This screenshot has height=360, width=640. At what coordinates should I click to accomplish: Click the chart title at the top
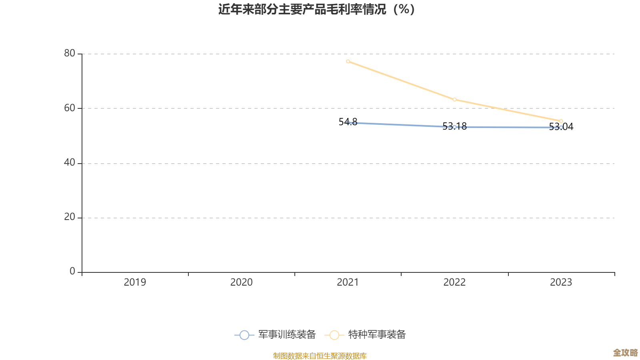pyautogui.click(x=316, y=9)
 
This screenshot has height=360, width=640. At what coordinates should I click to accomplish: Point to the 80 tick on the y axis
pyautogui.click(x=70, y=53)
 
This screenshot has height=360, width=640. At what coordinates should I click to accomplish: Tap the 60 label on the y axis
pyautogui.click(x=70, y=108)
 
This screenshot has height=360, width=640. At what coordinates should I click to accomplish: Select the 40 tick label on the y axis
pyautogui.click(x=70, y=162)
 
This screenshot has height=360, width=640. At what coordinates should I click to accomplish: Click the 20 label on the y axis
pyautogui.click(x=70, y=217)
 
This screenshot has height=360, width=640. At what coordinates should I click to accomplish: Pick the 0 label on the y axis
pyautogui.click(x=72, y=271)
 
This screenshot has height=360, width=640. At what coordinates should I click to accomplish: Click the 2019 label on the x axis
pyautogui.click(x=135, y=282)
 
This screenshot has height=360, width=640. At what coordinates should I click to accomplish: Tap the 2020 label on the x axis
pyautogui.click(x=241, y=282)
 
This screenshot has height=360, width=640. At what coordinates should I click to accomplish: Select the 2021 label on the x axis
pyautogui.click(x=348, y=282)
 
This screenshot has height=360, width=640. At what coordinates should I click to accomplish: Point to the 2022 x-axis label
pyautogui.click(x=454, y=282)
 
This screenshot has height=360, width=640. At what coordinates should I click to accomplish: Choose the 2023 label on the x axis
pyautogui.click(x=561, y=282)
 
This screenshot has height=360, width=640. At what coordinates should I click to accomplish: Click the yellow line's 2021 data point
pyautogui.click(x=348, y=61)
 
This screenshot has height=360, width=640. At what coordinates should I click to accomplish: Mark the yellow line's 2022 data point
pyautogui.click(x=454, y=99)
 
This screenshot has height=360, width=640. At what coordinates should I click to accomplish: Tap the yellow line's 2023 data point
pyautogui.click(x=561, y=121)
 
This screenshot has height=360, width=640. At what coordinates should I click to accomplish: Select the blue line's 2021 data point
pyautogui.click(x=348, y=122)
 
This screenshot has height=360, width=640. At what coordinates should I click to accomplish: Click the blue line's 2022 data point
pyautogui.click(x=454, y=127)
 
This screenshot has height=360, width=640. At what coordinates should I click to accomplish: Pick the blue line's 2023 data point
pyautogui.click(x=561, y=127)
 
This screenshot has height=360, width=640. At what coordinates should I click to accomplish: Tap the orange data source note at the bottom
pyautogui.click(x=320, y=356)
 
